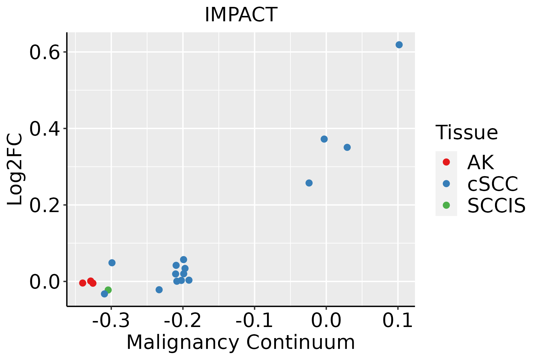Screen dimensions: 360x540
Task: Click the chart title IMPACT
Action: click(241, 15)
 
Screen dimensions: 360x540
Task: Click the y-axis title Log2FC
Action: click(15, 169)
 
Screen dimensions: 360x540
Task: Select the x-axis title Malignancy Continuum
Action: click(241, 342)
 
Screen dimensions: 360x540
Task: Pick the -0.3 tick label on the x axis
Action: click(111, 321)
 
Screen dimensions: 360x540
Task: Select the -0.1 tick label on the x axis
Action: click(254, 321)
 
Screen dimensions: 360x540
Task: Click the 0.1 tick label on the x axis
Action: click(398, 321)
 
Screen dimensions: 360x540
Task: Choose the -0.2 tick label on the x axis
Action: click(183, 321)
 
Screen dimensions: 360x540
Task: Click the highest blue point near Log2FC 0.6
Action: click(399, 45)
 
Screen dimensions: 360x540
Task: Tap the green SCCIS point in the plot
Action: click(108, 290)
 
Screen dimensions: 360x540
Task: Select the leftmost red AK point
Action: click(83, 283)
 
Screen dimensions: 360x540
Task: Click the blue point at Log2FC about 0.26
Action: click(309, 183)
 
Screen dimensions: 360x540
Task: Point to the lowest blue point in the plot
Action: click(104, 294)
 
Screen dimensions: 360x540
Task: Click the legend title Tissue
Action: click(466, 132)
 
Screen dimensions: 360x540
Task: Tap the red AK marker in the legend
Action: click(446, 162)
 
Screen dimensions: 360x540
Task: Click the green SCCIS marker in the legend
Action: click(446, 205)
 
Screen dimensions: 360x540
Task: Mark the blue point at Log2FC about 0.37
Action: click(324, 139)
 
